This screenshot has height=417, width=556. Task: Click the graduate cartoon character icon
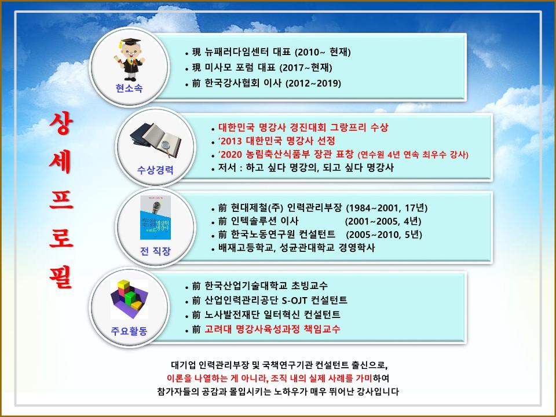[x=129, y=59]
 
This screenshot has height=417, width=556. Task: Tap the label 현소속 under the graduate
[x=129, y=88]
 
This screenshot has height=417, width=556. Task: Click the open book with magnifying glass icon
[x=156, y=140]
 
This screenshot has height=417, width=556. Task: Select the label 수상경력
[x=155, y=170]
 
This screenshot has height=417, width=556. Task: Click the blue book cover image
[x=156, y=217]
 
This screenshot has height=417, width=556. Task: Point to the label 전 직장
[x=155, y=251]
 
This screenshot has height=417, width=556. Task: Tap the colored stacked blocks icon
[x=129, y=299]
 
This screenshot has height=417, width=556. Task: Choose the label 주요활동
[x=129, y=331]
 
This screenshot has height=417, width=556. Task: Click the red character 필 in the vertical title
[x=61, y=277]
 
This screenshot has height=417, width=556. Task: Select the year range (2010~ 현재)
[x=323, y=52]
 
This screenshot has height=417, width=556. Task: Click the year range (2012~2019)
[x=313, y=83]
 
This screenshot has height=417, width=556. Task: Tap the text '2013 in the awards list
[x=231, y=141]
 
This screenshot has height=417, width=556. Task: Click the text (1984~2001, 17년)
[x=386, y=207]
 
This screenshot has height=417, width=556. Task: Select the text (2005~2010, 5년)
[x=384, y=235]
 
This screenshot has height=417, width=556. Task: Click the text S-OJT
[x=295, y=301]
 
